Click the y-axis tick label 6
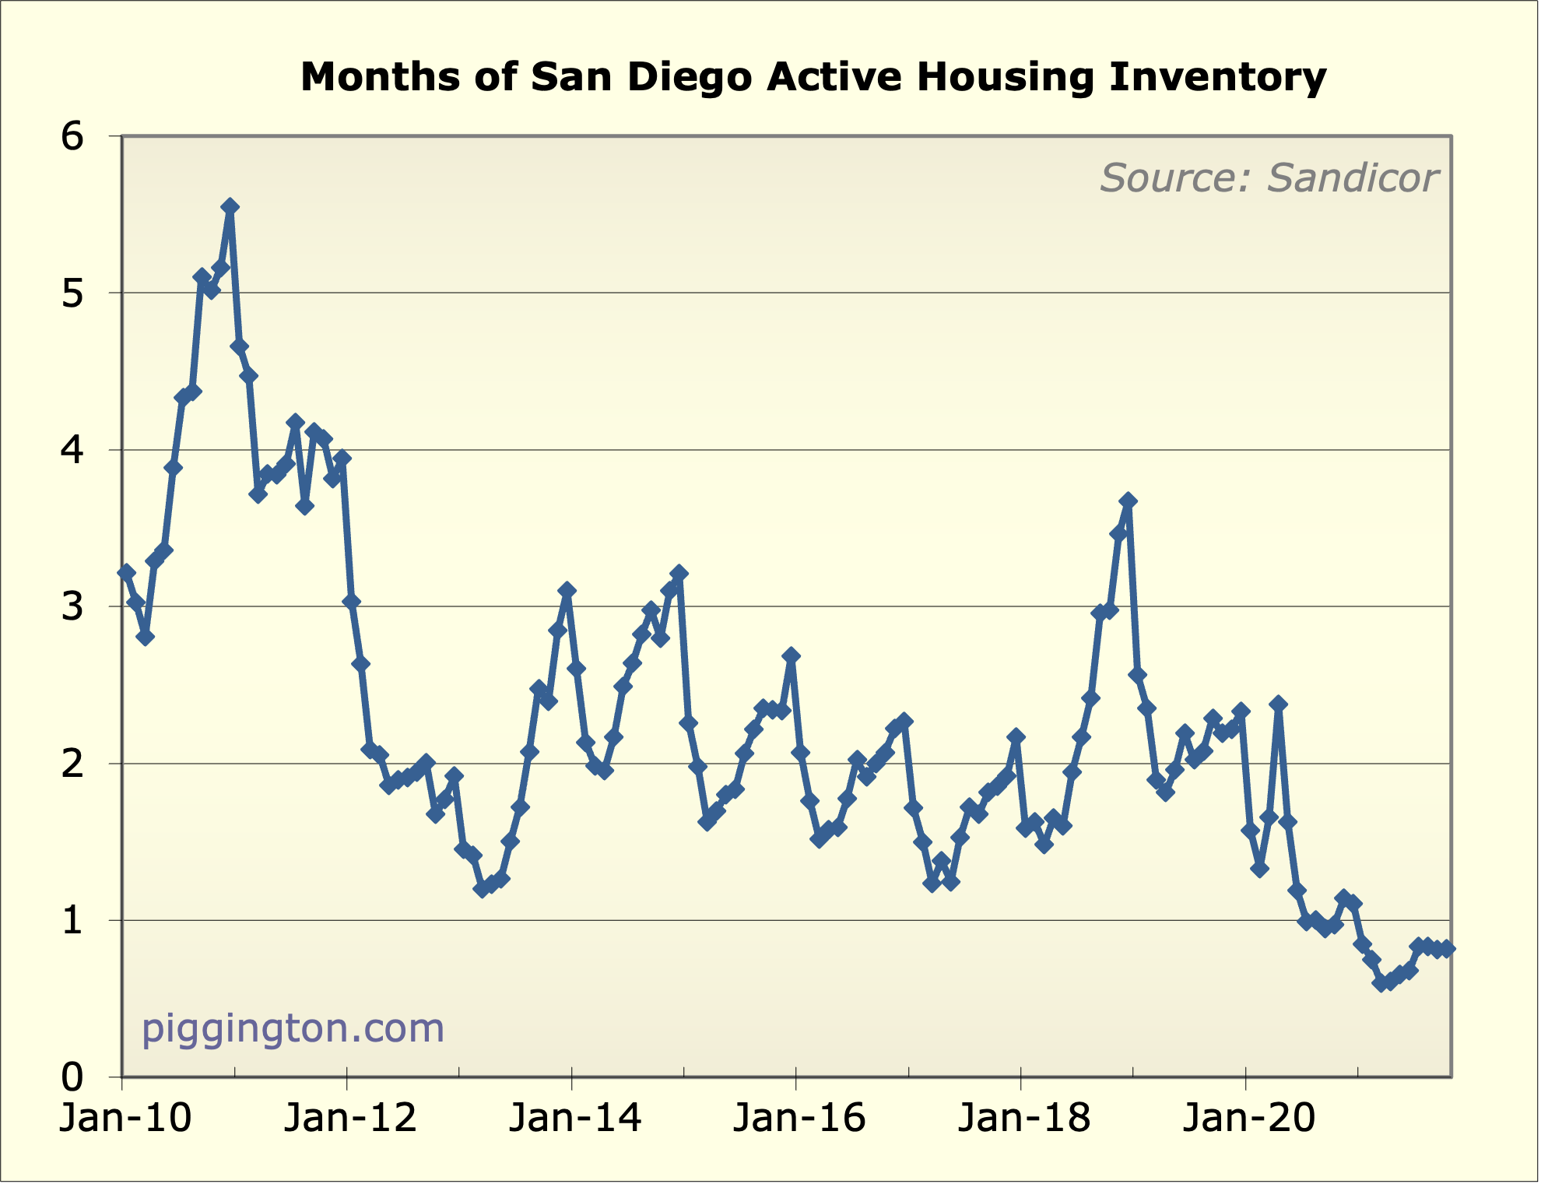[72, 137]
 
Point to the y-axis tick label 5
[72, 294]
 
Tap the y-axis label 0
[72, 1077]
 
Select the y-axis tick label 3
[72, 607]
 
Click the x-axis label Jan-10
[125, 1118]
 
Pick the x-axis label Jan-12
[350, 1118]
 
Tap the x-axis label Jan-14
[575, 1118]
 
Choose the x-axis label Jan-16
[799, 1118]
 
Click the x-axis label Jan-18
[1024, 1118]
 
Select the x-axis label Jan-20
[1248, 1118]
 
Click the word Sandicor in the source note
[1352, 178]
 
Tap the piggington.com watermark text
[293, 1028]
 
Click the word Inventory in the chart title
[1217, 77]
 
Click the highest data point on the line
[230, 206]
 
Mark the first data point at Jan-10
[126, 572]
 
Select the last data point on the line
[1446, 948]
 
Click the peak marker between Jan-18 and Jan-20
[1128, 501]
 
